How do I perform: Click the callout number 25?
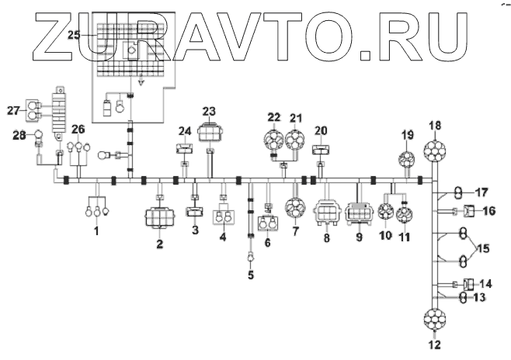(x=74, y=35)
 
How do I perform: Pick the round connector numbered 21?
(x=296, y=141)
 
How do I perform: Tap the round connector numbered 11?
(x=405, y=215)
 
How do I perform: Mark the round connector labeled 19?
(x=408, y=161)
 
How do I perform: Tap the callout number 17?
(x=481, y=191)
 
